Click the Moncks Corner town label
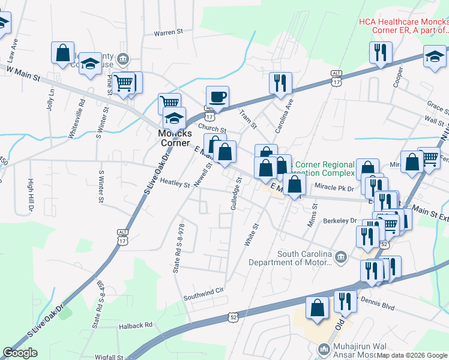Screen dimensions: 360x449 point(173,137)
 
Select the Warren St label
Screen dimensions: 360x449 point(168,32)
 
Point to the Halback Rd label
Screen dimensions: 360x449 point(136,325)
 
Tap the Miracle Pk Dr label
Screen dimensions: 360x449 point(335,188)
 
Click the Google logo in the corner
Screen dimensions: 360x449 point(20,353)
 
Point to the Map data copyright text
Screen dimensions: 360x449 point(412,356)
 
